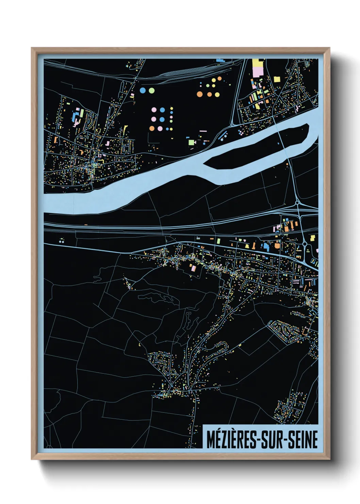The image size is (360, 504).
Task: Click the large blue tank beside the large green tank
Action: pos(143,90)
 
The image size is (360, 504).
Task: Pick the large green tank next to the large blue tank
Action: pos(151,90)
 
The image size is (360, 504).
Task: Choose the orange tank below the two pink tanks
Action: pos(151,128)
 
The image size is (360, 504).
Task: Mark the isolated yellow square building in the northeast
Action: pos(276,79)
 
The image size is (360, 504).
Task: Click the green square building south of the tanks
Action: pos(191,142)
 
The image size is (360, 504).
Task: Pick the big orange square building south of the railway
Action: pos(277,246)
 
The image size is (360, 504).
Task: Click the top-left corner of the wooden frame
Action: pos(32,48)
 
